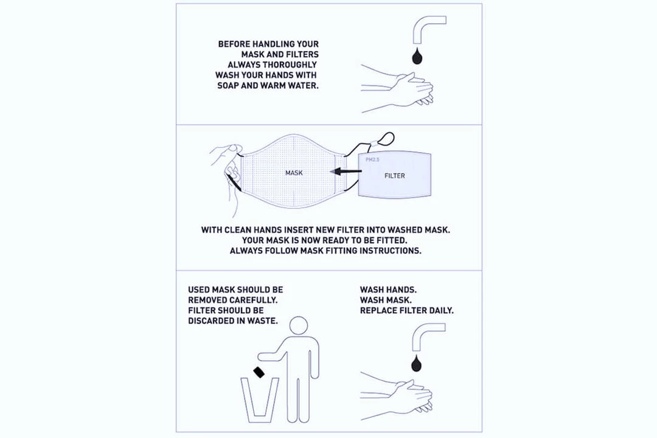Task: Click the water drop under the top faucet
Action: tap(417, 57)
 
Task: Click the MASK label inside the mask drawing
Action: tap(294, 173)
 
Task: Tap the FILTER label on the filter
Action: tap(395, 176)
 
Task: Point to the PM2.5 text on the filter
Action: tap(372, 160)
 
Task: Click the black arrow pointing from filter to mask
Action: tap(346, 171)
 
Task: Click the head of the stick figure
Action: tap(298, 325)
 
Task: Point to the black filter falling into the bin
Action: tap(259, 372)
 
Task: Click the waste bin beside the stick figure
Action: tap(259, 400)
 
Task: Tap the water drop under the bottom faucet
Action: tap(417, 363)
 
